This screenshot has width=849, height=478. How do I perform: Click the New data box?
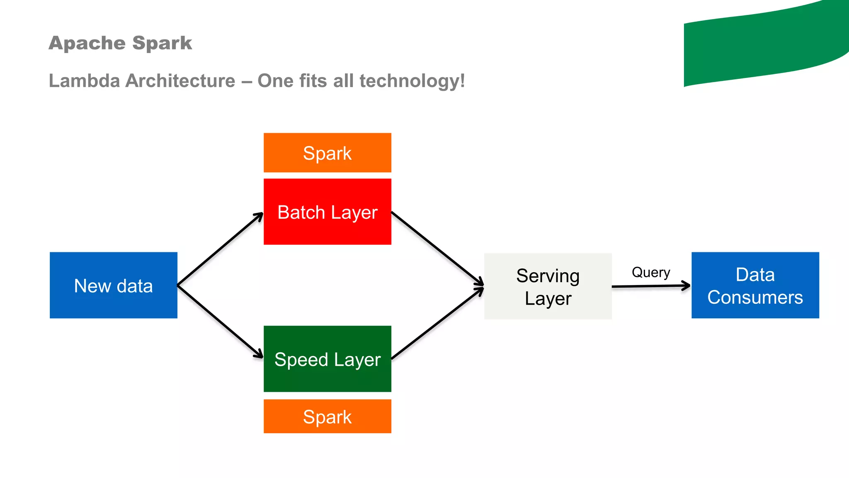[x=113, y=285]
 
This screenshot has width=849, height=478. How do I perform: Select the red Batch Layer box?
[x=327, y=212]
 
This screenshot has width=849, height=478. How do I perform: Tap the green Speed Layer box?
[x=327, y=359]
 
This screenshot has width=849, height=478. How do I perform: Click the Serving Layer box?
[x=548, y=286]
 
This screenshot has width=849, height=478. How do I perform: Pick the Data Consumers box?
[x=755, y=285]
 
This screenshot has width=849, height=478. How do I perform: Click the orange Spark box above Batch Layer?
[x=327, y=153]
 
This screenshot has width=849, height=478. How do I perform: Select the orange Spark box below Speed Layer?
[x=327, y=416]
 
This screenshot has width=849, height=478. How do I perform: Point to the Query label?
[x=650, y=272]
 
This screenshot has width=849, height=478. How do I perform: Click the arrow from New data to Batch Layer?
[x=220, y=249]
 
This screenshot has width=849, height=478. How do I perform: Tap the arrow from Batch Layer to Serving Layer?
[x=437, y=249]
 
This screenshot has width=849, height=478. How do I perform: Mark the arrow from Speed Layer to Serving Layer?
[x=437, y=323]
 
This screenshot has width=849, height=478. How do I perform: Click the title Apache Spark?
[x=120, y=43]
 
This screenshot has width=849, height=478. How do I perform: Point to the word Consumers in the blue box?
[x=755, y=298]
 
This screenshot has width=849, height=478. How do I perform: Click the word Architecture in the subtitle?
[x=180, y=80]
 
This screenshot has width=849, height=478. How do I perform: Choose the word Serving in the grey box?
[x=548, y=276]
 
